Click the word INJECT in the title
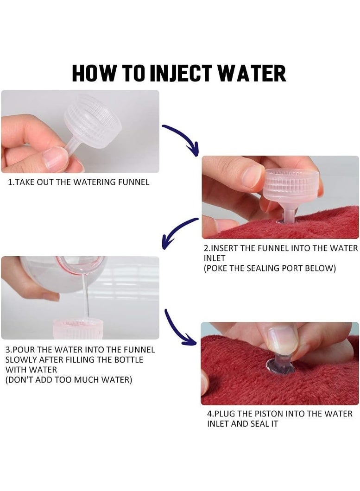(x=182, y=73)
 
